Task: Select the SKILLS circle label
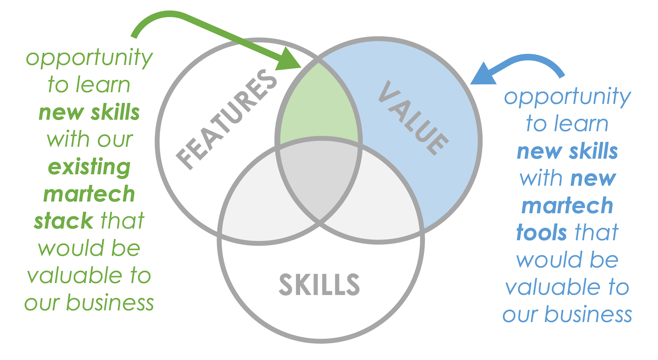point(319,284)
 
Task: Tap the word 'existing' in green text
point(89,167)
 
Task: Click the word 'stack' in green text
point(64,221)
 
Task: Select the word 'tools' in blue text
point(541,232)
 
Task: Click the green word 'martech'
point(89,194)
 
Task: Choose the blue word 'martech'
point(567,206)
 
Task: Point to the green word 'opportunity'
point(89,59)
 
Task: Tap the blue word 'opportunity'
point(567,98)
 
